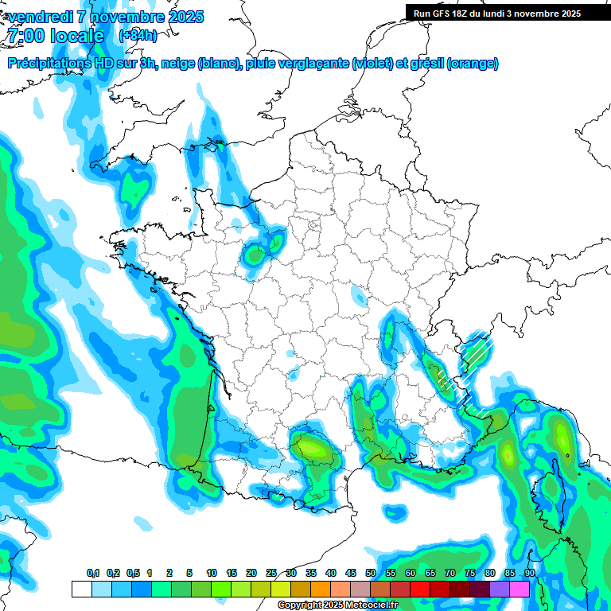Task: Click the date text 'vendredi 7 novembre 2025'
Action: (x=106, y=17)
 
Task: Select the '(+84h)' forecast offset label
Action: (x=138, y=36)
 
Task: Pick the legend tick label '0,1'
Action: (x=92, y=574)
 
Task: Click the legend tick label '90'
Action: (x=529, y=574)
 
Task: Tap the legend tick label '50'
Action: (x=371, y=574)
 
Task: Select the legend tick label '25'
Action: (x=271, y=574)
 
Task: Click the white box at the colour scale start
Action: (x=81, y=589)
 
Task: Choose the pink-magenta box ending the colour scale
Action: (x=520, y=589)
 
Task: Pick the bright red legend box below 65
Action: (x=420, y=589)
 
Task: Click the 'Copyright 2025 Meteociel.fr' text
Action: (x=337, y=605)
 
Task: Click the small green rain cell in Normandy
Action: (x=255, y=256)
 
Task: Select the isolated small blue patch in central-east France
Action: (x=358, y=298)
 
